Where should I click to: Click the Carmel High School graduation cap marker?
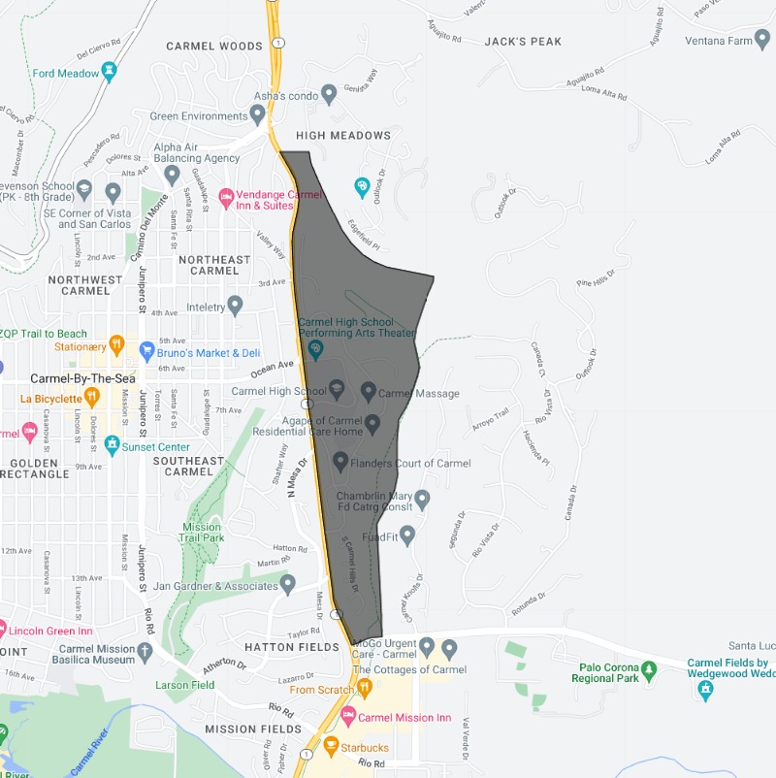(x=337, y=390)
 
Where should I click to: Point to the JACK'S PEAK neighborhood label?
(x=523, y=42)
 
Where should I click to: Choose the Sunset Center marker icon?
(x=113, y=444)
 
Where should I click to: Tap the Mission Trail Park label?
(x=203, y=532)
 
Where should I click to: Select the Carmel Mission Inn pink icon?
(x=348, y=716)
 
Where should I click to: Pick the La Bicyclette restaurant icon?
(x=91, y=396)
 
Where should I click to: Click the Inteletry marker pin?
(x=234, y=306)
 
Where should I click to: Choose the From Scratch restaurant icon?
(x=365, y=688)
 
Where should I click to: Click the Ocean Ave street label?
(x=273, y=369)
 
